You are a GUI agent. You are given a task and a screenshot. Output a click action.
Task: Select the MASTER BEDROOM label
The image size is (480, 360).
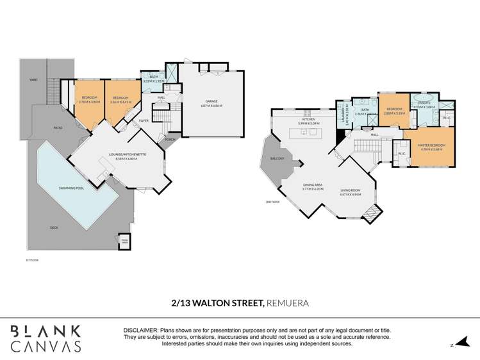432,145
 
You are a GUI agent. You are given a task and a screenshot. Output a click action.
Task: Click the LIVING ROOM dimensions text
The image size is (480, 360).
350,193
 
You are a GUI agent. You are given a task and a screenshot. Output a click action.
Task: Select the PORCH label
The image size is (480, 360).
170,139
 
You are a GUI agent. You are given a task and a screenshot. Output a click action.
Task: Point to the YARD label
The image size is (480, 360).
33,79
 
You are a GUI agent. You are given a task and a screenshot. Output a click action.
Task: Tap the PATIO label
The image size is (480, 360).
58,128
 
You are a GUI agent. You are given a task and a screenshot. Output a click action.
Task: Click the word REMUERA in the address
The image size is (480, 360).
287,302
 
